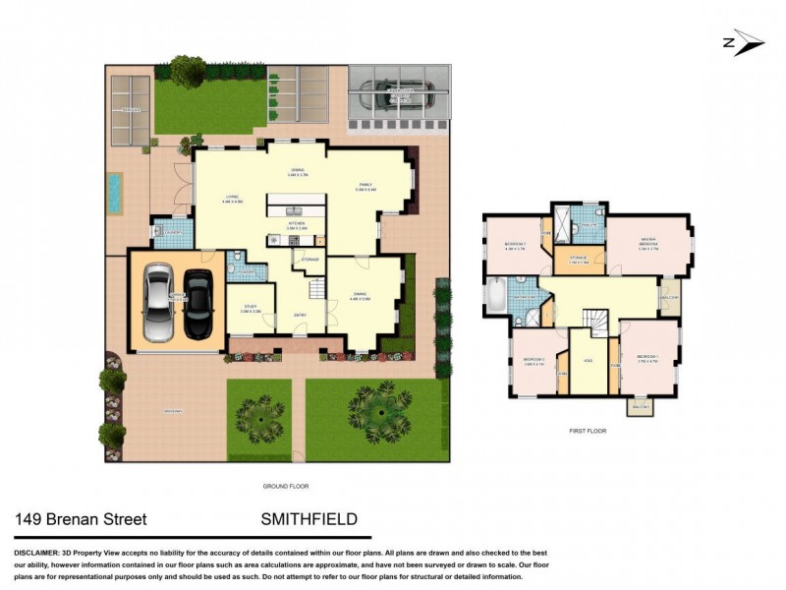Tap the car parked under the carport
pyautogui.click(x=397, y=95)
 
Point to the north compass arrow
pyautogui.click(x=743, y=41)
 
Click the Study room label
pyautogui.click(x=251, y=310)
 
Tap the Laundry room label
pyautogui.click(x=172, y=232)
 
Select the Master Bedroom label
pyautogui.click(x=647, y=243)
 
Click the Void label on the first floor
pyautogui.click(x=589, y=361)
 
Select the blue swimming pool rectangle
pyautogui.click(x=116, y=194)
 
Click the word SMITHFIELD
pyautogui.click(x=309, y=518)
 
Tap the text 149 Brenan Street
pyautogui.click(x=80, y=518)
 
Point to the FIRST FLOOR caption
pyautogui.click(x=588, y=431)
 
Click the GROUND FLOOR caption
pyautogui.click(x=286, y=486)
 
